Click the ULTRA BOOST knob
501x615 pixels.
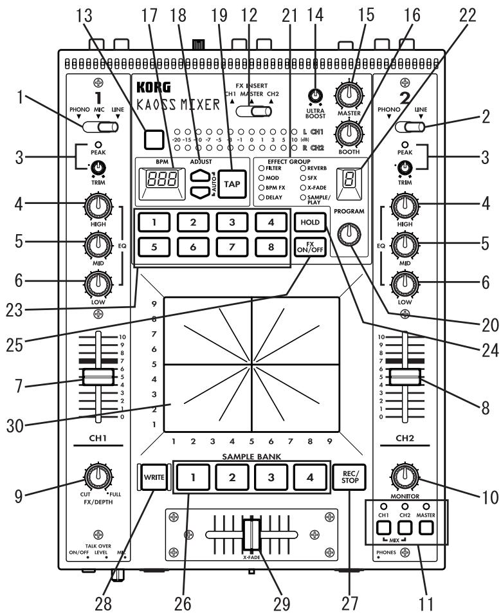[x=315, y=95]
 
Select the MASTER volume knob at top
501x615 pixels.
[x=349, y=96]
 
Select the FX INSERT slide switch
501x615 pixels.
[x=251, y=113]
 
